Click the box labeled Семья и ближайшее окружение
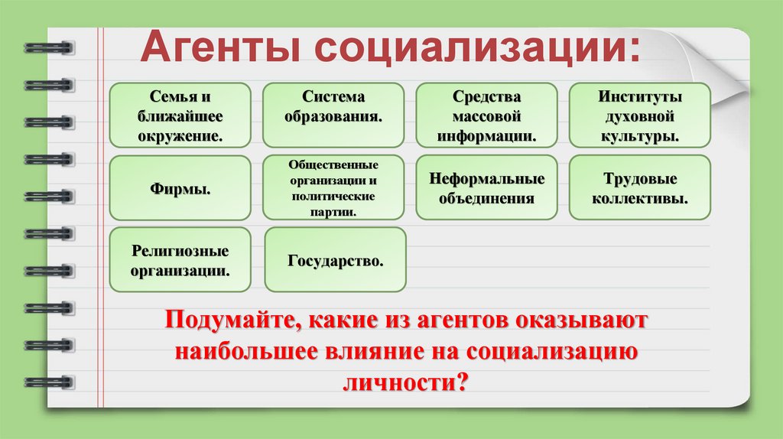(x=180, y=115)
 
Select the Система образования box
(x=333, y=115)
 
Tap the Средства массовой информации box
(x=486, y=115)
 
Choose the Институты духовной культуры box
(x=640, y=115)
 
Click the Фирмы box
(x=180, y=188)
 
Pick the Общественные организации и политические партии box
(x=333, y=188)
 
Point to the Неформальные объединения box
(x=486, y=188)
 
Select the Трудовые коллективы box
(x=640, y=188)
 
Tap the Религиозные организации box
(x=180, y=260)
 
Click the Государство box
(x=335, y=260)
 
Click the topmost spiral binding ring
(x=47, y=47)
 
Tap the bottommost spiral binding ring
(x=47, y=380)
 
